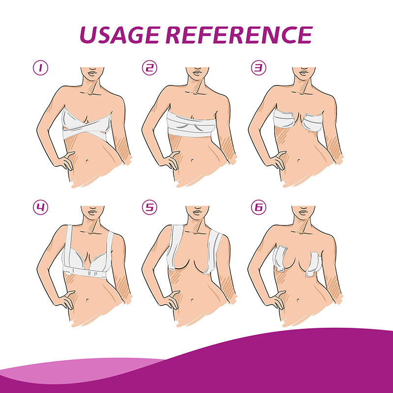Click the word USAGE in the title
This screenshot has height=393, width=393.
point(120,35)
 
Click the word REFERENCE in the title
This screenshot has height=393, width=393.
point(239,35)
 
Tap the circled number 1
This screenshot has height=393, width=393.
point(40,68)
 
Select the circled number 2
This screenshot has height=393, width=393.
point(149,68)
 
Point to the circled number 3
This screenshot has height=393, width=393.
point(258,68)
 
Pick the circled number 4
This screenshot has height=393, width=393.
point(40,207)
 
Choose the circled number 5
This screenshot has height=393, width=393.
point(149,207)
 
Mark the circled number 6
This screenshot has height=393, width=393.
point(258,207)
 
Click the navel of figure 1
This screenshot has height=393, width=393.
point(87,161)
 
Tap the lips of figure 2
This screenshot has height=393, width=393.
point(197,73)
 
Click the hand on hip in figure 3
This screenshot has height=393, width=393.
point(277,161)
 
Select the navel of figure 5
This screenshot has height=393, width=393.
point(192,300)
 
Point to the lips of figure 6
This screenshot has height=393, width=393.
point(304,212)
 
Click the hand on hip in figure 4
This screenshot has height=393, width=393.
point(66,300)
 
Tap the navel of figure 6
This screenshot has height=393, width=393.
point(298,300)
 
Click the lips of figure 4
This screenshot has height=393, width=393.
point(92,212)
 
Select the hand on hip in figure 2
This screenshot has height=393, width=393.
point(170,161)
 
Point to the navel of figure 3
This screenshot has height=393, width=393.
point(298,161)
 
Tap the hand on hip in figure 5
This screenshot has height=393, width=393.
point(170,300)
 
